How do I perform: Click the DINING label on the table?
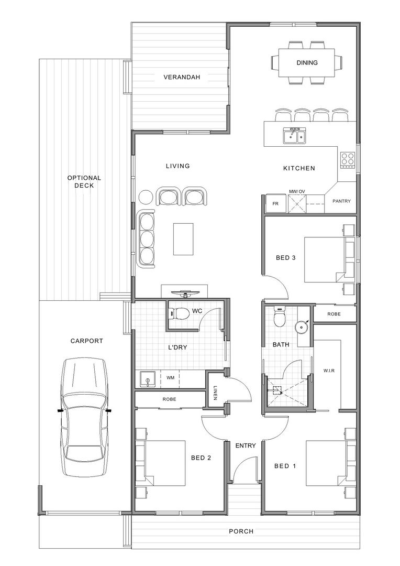(307, 62)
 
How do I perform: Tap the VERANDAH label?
(182, 77)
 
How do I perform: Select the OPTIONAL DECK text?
(84, 181)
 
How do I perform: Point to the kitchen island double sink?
(295, 135)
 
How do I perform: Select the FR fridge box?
(275, 203)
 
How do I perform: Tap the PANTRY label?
(341, 201)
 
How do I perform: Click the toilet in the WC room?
(179, 313)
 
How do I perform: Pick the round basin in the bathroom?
(301, 327)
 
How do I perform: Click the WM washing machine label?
(171, 377)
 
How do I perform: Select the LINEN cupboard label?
(215, 393)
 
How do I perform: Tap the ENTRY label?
(245, 446)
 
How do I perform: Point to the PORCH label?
(241, 531)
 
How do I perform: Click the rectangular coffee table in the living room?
(183, 239)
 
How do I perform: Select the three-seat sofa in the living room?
(146, 239)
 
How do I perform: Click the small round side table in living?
(146, 197)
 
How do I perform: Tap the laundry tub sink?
(147, 380)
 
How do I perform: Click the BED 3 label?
(286, 258)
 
